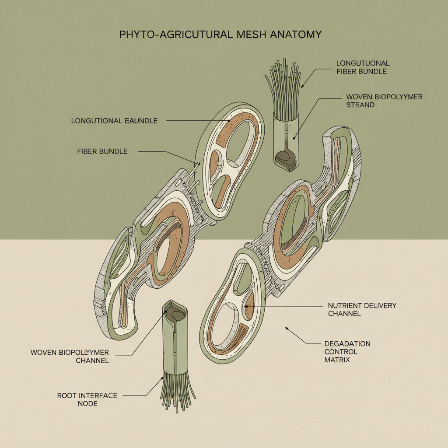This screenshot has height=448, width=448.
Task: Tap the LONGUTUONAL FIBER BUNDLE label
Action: click(x=362, y=67)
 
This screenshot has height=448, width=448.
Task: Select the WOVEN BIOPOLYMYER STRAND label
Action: click(x=384, y=101)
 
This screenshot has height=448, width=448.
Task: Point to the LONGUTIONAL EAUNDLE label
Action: click(x=114, y=121)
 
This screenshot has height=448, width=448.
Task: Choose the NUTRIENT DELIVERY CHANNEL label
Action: click(x=362, y=309)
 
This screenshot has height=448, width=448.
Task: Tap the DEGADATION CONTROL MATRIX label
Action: click(x=347, y=352)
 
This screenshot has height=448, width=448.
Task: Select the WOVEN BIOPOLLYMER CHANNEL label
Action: click(x=70, y=356)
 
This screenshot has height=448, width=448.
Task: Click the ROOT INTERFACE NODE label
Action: click(x=81, y=399)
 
